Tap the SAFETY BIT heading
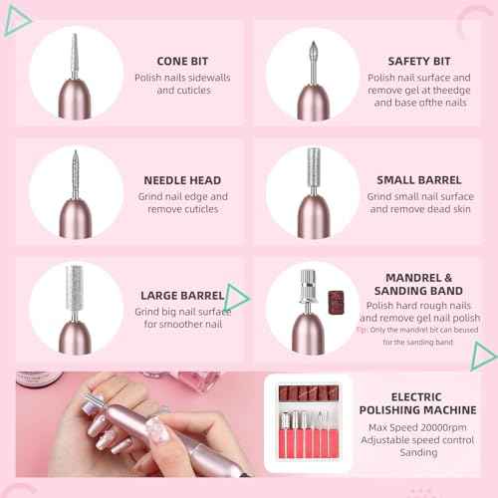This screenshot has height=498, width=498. click(x=418, y=61)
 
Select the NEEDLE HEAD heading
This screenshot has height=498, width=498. click(x=181, y=180)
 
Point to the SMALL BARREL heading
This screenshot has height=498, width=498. click(x=418, y=180)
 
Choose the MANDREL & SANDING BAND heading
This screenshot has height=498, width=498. click(x=418, y=285)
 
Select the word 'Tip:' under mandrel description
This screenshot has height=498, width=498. click(x=362, y=328)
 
